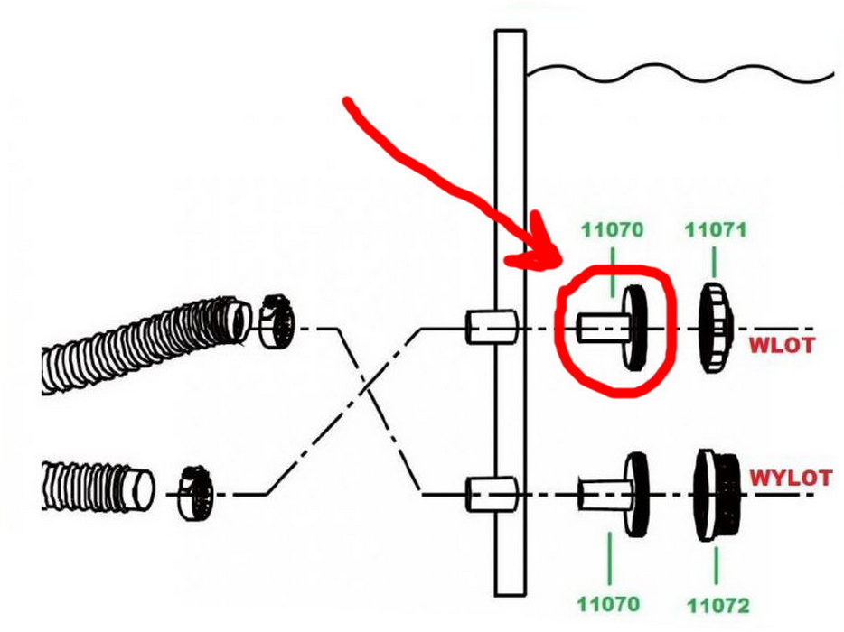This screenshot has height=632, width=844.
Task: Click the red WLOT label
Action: pos(782,345)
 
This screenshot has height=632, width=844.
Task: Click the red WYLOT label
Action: pos(791,478)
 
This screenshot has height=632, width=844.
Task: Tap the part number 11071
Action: pos(716,230)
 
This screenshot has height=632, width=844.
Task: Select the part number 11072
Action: pos(718,606)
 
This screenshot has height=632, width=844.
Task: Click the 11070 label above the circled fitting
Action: pos(612,230)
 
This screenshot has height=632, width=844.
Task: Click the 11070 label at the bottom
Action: pos(609,604)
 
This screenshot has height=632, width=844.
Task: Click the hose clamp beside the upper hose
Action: pos(277,321)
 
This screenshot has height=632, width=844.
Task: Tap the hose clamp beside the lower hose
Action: pos(195,493)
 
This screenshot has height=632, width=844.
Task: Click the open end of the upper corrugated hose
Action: pos(238,322)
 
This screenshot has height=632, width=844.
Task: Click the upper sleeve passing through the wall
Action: pos(492,327)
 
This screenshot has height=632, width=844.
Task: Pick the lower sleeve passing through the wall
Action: pos(492,494)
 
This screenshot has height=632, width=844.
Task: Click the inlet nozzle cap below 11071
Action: pos(717,327)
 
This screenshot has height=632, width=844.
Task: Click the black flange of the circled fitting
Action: pos(635,328)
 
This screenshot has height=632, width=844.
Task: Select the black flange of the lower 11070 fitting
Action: pos(637,494)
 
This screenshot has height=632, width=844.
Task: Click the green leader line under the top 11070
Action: pos(612,272)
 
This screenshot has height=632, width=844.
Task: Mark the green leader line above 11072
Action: pos(717,565)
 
